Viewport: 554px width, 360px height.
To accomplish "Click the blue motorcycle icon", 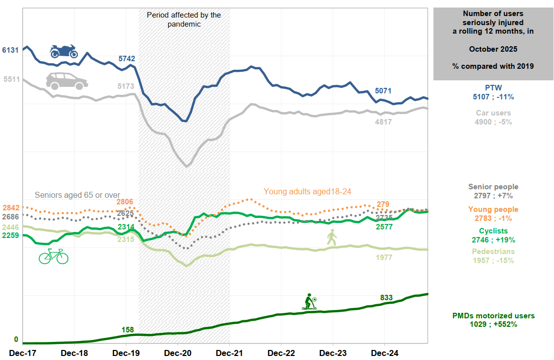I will click(64, 51).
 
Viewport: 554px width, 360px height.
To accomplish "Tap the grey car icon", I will click(67, 81).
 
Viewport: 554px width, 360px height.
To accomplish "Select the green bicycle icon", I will click(54, 256).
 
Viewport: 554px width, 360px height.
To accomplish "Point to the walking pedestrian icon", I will click(331, 237).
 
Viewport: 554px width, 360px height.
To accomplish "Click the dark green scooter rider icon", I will click(309, 302).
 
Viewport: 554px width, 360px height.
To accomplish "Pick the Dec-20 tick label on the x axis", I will click(178, 353).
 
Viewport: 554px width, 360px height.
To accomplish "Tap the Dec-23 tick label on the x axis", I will click(334, 353).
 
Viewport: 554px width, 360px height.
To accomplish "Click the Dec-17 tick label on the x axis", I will click(23, 353).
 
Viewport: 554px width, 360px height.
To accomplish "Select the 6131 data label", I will click(11, 50).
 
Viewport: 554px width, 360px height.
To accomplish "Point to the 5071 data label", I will click(384, 91).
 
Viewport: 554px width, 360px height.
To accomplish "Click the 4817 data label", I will click(384, 122).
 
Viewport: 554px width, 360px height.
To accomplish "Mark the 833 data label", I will click(386, 298).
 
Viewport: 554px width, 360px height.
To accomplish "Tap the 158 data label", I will click(128, 329).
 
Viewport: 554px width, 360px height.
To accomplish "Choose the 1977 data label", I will click(383, 258).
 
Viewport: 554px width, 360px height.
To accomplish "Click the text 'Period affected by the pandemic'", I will click(184, 19).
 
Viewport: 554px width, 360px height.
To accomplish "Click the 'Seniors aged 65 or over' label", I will click(77, 195).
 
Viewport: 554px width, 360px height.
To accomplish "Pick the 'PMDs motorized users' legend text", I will click(493, 316).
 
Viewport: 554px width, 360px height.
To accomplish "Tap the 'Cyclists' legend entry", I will click(493, 231).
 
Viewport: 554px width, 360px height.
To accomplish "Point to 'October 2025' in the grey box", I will click(493, 49).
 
